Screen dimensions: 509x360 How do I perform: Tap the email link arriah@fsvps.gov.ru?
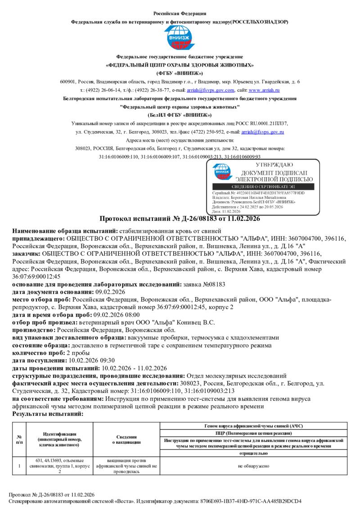coord(263,132)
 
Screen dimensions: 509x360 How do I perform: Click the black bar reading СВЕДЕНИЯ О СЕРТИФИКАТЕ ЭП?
coord(263,187)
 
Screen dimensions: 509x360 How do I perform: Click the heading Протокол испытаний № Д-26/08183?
coord(180,219)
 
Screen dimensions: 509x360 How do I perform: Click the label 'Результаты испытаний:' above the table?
coord(48,413)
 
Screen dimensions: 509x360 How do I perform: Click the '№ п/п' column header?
coord(19,439)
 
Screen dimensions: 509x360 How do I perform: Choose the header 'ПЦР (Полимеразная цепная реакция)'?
coord(253,433)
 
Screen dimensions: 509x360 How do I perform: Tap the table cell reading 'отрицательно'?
coord(253,454)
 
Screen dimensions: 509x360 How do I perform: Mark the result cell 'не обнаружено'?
coord(253,466)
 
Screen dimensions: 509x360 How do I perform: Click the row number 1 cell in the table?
coord(19,466)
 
